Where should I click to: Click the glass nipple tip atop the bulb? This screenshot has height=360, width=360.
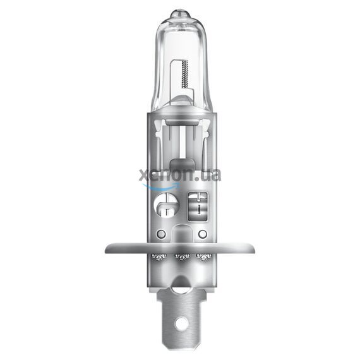coord(180,13)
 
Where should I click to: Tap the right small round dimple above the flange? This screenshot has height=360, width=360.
coord(201,234)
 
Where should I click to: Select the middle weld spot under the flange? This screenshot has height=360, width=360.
coord(180,258)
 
